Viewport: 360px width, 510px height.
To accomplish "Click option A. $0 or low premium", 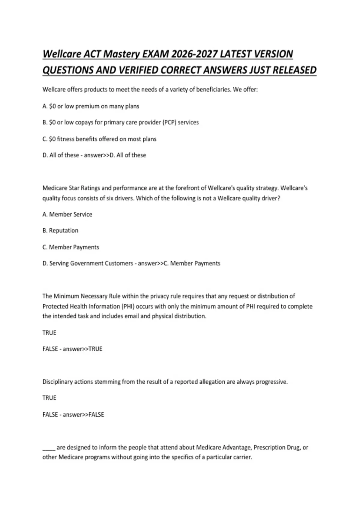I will tap(91, 106).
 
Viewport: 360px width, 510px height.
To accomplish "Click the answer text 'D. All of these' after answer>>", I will tap(128, 155).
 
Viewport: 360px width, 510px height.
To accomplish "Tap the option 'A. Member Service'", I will tap(67, 214).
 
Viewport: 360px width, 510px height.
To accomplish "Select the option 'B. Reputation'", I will tap(60, 230).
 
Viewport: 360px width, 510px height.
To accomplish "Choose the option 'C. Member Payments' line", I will tap(71, 247).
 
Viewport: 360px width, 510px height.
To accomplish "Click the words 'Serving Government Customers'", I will tap(91, 263).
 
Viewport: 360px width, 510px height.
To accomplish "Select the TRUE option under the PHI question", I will tap(49, 333).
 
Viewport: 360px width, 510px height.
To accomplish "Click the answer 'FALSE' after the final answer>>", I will tap(96, 415).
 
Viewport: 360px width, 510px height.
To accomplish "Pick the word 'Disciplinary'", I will tap(57, 382).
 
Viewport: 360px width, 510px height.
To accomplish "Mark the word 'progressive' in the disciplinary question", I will tap(271, 382).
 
